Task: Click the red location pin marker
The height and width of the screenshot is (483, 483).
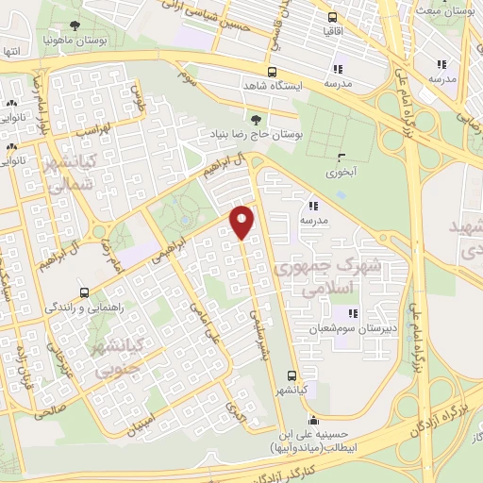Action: tap(243, 221)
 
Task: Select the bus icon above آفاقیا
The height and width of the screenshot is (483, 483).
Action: tap(331, 16)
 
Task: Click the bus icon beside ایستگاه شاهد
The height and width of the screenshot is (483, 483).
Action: tap(272, 72)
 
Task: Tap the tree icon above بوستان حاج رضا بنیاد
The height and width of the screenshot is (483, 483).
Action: tap(256, 119)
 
